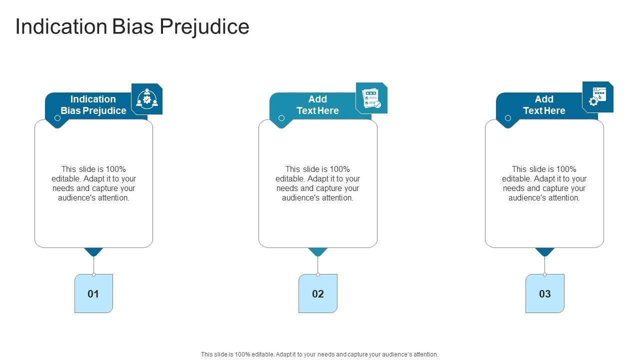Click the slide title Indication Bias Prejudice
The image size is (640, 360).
click(132, 26)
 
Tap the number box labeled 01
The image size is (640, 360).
click(93, 293)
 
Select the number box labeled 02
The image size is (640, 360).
click(318, 293)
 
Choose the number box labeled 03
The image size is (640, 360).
click(544, 293)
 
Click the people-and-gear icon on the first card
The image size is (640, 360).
click(147, 99)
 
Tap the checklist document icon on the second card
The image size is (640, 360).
click(371, 98)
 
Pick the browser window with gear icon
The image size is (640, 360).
click(598, 97)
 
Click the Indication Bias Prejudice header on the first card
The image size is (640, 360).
click(93, 105)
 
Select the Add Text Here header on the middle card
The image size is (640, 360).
click(317, 105)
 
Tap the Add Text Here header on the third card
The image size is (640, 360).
click(544, 105)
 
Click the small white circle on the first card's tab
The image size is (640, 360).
click(57, 118)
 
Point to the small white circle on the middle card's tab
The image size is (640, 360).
click(281, 118)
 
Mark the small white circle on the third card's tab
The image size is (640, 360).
click(508, 118)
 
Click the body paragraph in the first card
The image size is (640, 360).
click(93, 183)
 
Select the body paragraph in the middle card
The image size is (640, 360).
click(317, 183)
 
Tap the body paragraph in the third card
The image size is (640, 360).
click(544, 183)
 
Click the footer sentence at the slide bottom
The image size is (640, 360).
click(319, 354)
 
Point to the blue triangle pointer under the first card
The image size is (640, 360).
click(93, 251)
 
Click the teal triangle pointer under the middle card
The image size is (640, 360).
click(318, 251)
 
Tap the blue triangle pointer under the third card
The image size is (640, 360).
click(544, 251)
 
